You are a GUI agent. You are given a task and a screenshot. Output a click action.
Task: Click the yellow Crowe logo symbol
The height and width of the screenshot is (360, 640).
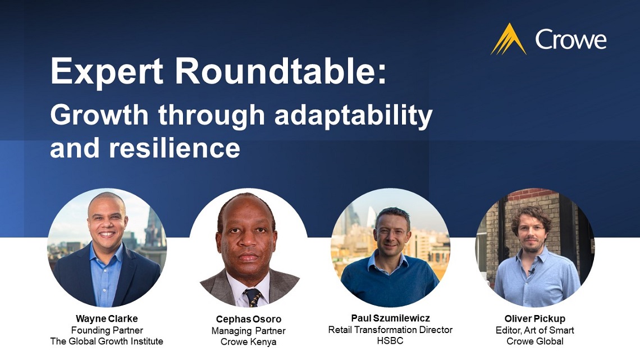pos(509,40)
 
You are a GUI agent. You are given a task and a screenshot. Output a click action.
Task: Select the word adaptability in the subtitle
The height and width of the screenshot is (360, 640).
pos(354,115)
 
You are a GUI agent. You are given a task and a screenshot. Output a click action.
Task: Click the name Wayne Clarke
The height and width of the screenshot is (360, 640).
pos(107,319)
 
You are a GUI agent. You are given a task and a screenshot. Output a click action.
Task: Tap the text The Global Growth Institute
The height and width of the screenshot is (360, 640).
pos(107,341)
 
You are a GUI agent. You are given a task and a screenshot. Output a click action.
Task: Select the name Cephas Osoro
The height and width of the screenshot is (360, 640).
pos(248,320)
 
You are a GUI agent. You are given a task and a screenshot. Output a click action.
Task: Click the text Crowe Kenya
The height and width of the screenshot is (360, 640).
pos(248,342)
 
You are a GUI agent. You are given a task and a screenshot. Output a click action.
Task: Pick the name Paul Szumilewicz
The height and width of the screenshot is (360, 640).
pos(390,318)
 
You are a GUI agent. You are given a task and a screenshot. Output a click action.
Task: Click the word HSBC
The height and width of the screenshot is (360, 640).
pos(390,341)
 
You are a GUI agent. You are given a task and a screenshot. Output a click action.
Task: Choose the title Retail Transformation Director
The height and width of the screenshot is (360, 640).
pos(390,330)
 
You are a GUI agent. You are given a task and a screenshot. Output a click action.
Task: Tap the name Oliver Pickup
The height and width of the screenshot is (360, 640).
pos(534,319)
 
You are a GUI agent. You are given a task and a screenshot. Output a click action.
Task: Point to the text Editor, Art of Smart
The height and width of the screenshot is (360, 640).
pos(534,330)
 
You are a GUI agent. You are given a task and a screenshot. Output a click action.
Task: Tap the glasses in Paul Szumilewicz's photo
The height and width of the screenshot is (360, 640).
pos(391,232)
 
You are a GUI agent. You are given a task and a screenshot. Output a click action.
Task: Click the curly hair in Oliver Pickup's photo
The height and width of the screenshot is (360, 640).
pos(531,216)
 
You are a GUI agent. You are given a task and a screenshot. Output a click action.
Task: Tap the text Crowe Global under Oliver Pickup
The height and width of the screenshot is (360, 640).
pos(534,341)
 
